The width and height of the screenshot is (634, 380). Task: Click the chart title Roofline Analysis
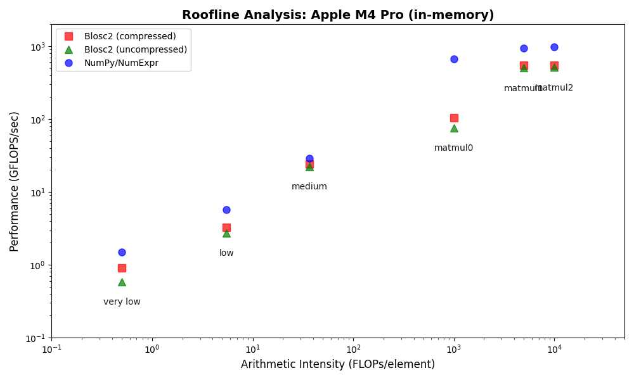[338, 15]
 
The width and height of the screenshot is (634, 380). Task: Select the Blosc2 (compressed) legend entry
[130, 36]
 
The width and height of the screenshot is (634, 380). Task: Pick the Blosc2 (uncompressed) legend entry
[136, 49]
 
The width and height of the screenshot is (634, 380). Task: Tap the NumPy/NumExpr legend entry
[121, 63]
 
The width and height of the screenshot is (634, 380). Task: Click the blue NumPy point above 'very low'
[122, 252]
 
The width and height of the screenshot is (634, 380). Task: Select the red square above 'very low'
[122, 268]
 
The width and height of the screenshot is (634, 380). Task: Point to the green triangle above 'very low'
[122, 282]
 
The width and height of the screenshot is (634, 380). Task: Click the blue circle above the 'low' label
[226, 210]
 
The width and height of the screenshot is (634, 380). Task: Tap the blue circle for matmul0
[454, 59]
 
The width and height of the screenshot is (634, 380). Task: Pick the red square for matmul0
[454, 118]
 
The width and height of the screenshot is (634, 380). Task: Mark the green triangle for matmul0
[454, 129]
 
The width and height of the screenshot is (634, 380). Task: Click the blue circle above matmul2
[554, 47]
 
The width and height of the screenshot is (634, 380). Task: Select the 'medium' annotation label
[309, 187]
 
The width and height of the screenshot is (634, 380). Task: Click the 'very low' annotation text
[122, 302]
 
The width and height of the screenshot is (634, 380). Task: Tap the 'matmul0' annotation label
[454, 148]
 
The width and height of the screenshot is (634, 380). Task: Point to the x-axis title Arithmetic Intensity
[338, 364]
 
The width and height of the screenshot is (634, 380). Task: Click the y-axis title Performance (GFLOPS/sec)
[15, 181]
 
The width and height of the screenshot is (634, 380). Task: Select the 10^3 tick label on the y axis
[38, 47]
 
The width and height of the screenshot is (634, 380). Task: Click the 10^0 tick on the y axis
[38, 265]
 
